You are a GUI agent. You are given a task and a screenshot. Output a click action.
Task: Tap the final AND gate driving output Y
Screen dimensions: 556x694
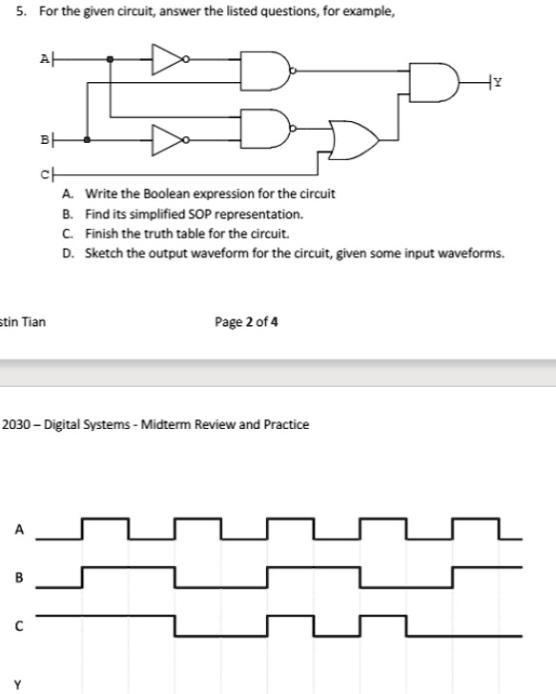(434, 82)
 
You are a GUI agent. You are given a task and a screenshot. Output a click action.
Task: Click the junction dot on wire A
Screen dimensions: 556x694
(110, 59)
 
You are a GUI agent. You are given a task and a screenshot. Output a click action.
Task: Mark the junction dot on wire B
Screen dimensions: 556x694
(87, 140)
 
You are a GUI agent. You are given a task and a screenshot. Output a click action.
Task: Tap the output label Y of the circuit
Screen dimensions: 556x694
(498, 82)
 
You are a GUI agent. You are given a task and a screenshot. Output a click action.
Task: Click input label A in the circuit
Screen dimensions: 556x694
(45, 58)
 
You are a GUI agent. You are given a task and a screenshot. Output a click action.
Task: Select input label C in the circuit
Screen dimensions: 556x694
(45, 175)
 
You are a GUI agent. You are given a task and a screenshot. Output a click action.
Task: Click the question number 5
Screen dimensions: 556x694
(21, 11)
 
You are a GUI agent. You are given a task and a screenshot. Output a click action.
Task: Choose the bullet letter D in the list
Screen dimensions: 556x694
(68, 254)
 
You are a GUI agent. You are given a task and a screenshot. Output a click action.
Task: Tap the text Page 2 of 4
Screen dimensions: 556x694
(246, 322)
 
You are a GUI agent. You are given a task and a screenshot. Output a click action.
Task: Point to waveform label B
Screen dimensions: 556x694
(19, 577)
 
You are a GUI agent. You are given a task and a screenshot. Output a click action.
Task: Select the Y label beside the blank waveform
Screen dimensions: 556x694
(18, 685)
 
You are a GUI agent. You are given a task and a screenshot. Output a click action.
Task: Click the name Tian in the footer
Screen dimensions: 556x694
(33, 322)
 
